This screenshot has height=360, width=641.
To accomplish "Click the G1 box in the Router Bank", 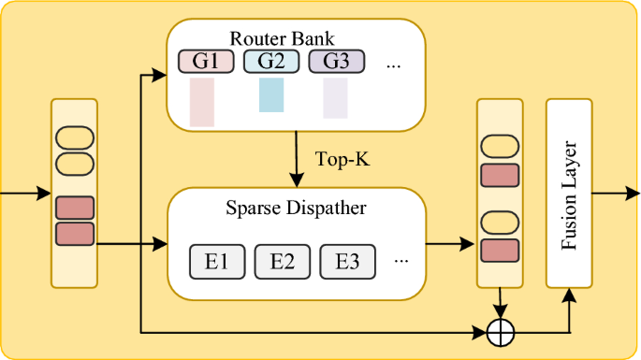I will tap(206, 63).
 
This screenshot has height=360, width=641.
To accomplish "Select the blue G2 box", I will tap(271, 63).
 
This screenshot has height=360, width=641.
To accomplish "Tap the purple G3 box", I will tap(337, 63).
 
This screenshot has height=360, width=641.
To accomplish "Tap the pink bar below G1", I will tap(202, 102).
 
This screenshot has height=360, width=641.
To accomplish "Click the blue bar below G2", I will tap(271, 96).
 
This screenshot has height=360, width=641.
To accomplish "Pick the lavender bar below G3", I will tap(335, 98).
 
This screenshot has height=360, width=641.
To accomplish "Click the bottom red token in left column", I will tap(74, 233).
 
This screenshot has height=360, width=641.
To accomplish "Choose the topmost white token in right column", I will tap(499, 147).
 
